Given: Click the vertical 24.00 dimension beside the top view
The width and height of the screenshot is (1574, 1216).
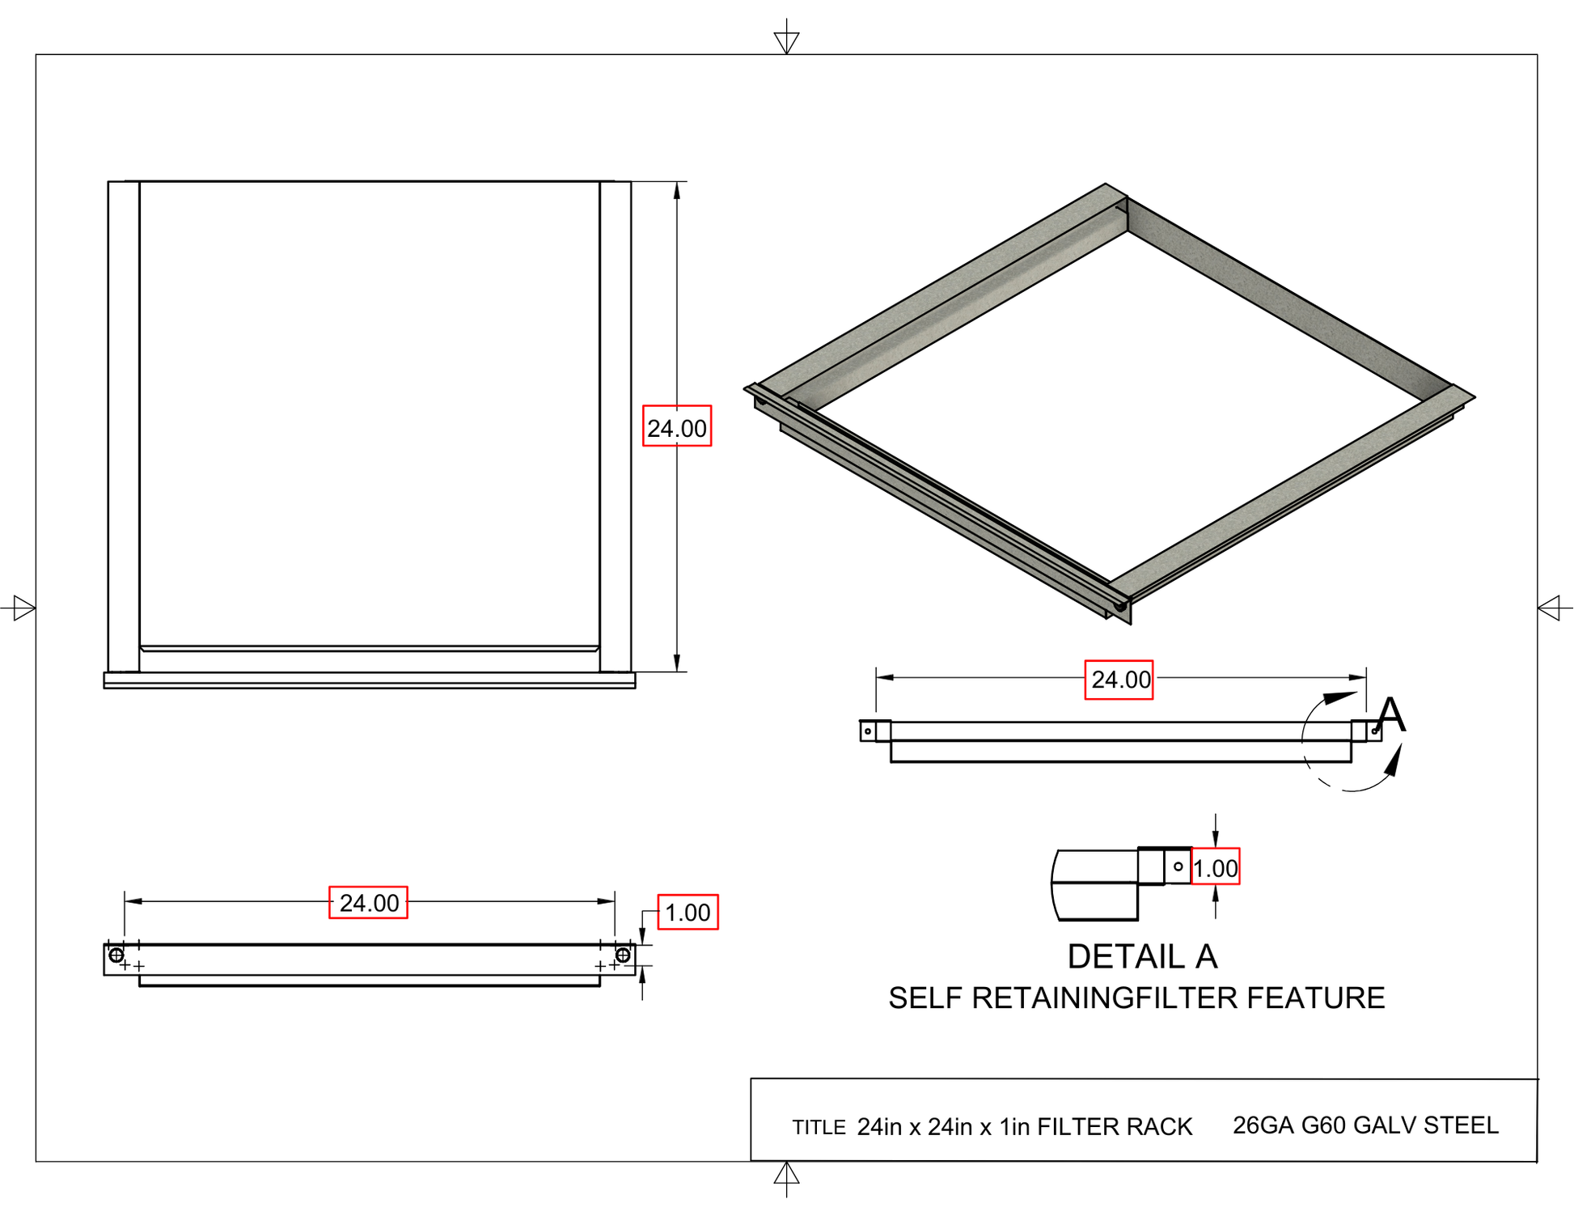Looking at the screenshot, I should coord(677,426).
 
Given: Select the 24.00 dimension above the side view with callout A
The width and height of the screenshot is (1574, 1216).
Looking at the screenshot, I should coord(1119,680).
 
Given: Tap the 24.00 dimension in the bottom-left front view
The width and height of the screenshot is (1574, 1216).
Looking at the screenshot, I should coord(368,903).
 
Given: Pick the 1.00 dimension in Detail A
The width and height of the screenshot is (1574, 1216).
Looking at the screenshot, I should coord(1215,867).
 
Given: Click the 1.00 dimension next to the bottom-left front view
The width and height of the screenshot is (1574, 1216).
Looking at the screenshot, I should coord(688,913).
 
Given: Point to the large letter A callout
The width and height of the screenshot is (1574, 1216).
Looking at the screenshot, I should coord(1391,715).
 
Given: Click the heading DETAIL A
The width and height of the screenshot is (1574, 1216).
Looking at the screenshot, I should coord(1142,957).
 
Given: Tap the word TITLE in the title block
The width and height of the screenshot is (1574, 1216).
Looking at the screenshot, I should coord(819,1128).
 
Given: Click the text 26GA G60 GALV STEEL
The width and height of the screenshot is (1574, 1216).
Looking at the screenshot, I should coord(1365,1125).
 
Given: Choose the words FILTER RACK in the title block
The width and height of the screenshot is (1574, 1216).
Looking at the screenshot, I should coord(1115,1127).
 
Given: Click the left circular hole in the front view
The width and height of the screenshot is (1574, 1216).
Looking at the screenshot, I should coord(116,955).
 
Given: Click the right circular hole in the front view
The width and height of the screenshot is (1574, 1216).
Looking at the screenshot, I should coord(623,955).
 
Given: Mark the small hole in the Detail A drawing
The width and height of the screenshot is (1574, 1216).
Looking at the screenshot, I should coord(1178,866).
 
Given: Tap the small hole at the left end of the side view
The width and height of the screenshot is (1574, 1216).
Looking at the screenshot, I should coord(868,731).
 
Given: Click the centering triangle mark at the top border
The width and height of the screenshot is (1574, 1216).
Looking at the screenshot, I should coord(786,40).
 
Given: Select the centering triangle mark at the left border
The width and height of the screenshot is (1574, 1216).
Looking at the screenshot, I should coord(23,608).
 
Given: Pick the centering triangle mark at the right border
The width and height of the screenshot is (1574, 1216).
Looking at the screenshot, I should coord(1549,608).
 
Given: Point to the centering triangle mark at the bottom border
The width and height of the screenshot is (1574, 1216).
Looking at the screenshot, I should coord(786,1174).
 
